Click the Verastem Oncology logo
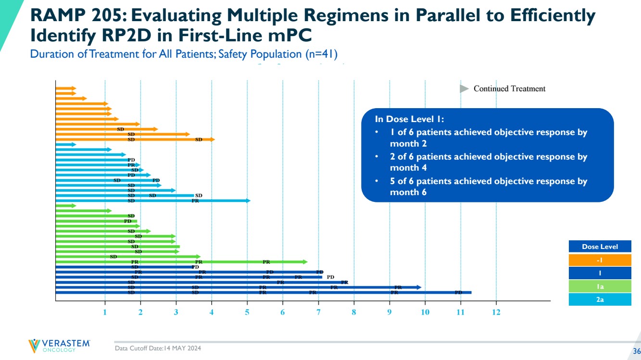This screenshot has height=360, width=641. point(59,346)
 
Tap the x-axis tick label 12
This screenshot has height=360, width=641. point(496,312)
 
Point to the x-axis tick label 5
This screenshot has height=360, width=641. point(247,312)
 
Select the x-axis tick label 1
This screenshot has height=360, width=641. point(105,312)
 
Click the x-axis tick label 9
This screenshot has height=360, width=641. point(390,312)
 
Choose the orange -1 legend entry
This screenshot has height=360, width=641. point(600,260)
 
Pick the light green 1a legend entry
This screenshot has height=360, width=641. point(600,286)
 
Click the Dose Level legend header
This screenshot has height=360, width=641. point(600,247)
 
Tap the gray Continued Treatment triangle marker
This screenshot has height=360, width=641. point(464,89)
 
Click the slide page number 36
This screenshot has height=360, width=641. point(636,350)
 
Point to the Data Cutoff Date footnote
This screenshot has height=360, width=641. point(158,348)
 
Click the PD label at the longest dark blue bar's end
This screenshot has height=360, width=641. point(458,292)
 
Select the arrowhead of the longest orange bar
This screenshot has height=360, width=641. point(212,139)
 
